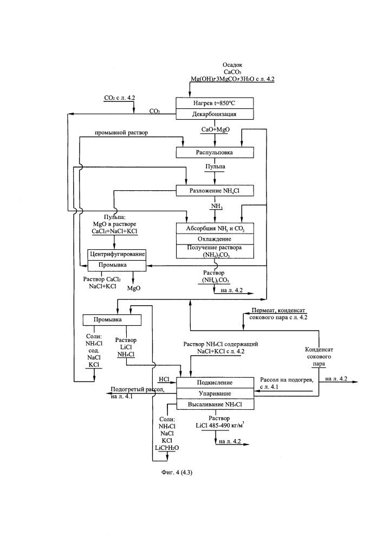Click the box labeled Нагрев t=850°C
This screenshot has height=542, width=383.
[x=215, y=103]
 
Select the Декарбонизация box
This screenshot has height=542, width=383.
[x=215, y=114]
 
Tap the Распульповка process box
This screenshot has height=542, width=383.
[x=215, y=152]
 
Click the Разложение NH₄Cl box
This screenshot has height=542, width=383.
[x=215, y=190]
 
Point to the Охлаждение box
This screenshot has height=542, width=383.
[x=215, y=239]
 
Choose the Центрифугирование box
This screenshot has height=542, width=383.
[x=117, y=254]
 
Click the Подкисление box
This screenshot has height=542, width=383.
[x=215, y=382]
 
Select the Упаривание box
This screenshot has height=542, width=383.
[x=215, y=393]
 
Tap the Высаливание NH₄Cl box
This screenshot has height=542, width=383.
[x=215, y=404]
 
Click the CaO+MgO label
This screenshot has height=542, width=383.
[x=216, y=130]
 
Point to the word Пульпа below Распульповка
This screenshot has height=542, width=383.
[x=215, y=166]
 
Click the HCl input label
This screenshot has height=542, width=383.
[x=164, y=379]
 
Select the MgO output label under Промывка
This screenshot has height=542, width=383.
[x=134, y=288]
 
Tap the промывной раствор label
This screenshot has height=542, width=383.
[x=121, y=132]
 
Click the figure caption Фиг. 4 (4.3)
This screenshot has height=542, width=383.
[x=177, y=472]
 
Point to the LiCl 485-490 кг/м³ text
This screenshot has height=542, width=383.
[x=219, y=425]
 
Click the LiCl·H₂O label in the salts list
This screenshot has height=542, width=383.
[x=167, y=448]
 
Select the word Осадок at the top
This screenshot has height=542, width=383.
[x=232, y=64]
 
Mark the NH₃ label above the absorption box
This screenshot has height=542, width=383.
[x=217, y=207]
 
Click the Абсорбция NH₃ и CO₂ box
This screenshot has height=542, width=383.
[x=215, y=228]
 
